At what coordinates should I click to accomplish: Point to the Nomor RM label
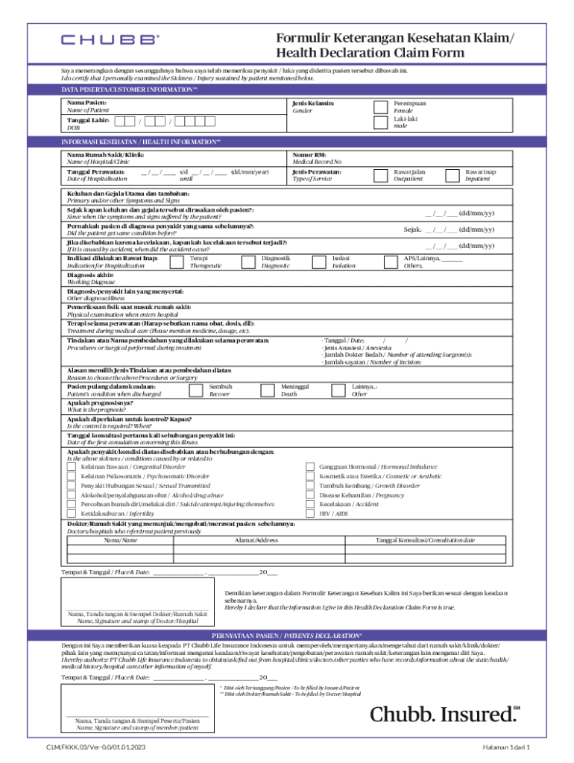[309, 154]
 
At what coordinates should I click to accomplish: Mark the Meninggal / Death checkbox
[266, 390]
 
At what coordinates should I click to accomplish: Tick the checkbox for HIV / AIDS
[310, 513]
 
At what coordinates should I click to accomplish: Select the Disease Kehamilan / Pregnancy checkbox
[310, 495]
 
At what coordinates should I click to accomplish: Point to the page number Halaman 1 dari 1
[505, 747]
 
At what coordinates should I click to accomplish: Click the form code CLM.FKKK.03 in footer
[95, 747]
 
